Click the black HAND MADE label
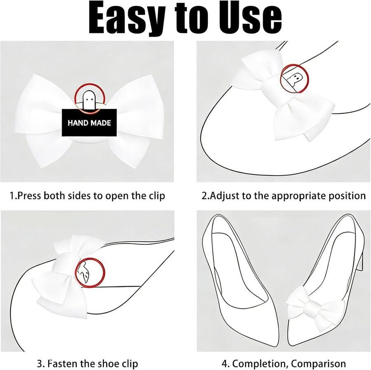(x=89, y=123)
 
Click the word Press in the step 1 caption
(x=30, y=196)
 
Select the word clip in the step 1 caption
(x=157, y=196)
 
